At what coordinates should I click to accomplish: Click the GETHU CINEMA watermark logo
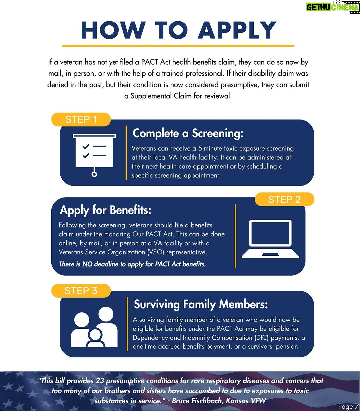pyautogui.click(x=333, y=7)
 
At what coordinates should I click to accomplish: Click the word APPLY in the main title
pyautogui.click(x=237, y=30)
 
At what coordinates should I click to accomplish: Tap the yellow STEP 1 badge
pyautogui.click(x=81, y=120)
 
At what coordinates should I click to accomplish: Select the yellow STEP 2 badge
pyautogui.click(x=284, y=199)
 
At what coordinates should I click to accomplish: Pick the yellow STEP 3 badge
pyautogui.click(x=81, y=291)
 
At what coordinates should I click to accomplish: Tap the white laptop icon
pyautogui.click(x=270, y=239)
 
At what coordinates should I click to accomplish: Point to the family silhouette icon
pyautogui.click(x=94, y=327)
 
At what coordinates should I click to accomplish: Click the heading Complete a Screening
pyautogui.click(x=188, y=133)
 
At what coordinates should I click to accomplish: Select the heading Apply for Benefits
pyautogui.click(x=105, y=210)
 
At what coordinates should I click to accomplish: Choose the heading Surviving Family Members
pyautogui.click(x=201, y=304)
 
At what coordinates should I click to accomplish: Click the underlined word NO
pyautogui.click(x=87, y=264)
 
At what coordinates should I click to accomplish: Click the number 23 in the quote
pyautogui.click(x=99, y=381)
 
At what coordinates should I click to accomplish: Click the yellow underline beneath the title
pyautogui.click(x=178, y=46)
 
